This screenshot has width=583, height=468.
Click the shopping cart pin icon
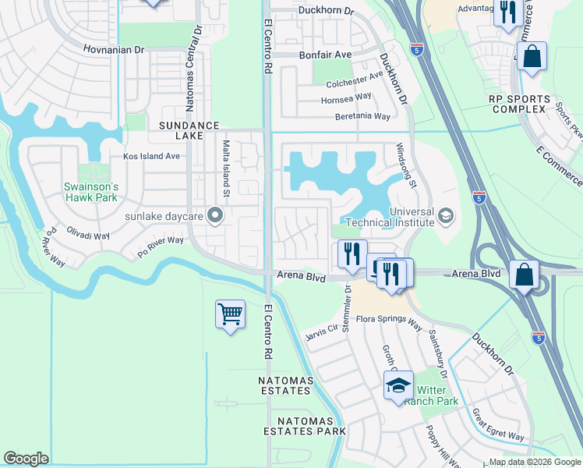pyautogui.click(x=230, y=314)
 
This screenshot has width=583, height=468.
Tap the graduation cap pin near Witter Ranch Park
pyautogui.click(x=398, y=386)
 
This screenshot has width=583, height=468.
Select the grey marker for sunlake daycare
pyautogui.click(x=217, y=214)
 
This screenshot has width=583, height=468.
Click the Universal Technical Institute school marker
pyautogui.click(x=445, y=214)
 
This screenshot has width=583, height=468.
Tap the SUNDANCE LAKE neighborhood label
pyautogui.click(x=186, y=130)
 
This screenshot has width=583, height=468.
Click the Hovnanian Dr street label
pyautogui.click(x=114, y=49)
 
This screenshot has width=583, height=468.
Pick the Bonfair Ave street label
pyautogui.click(x=326, y=55)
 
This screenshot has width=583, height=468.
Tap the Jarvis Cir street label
pyautogui.click(x=321, y=331)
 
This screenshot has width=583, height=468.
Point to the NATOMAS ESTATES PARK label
pyautogui.click(x=304, y=426)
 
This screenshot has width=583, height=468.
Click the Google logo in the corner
pyautogui.click(x=26, y=459)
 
